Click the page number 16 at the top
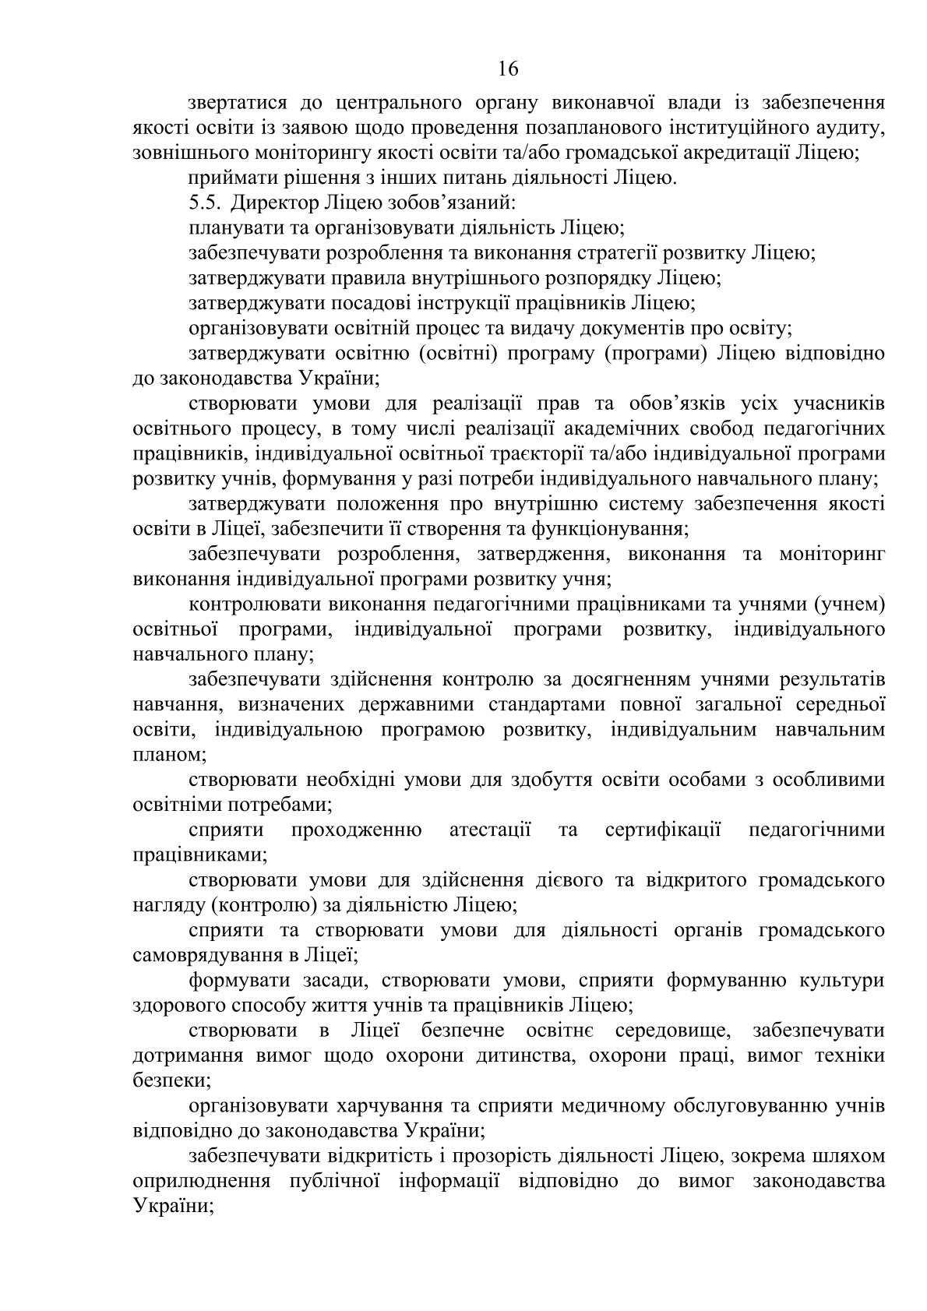[507, 69]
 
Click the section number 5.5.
[203, 203]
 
